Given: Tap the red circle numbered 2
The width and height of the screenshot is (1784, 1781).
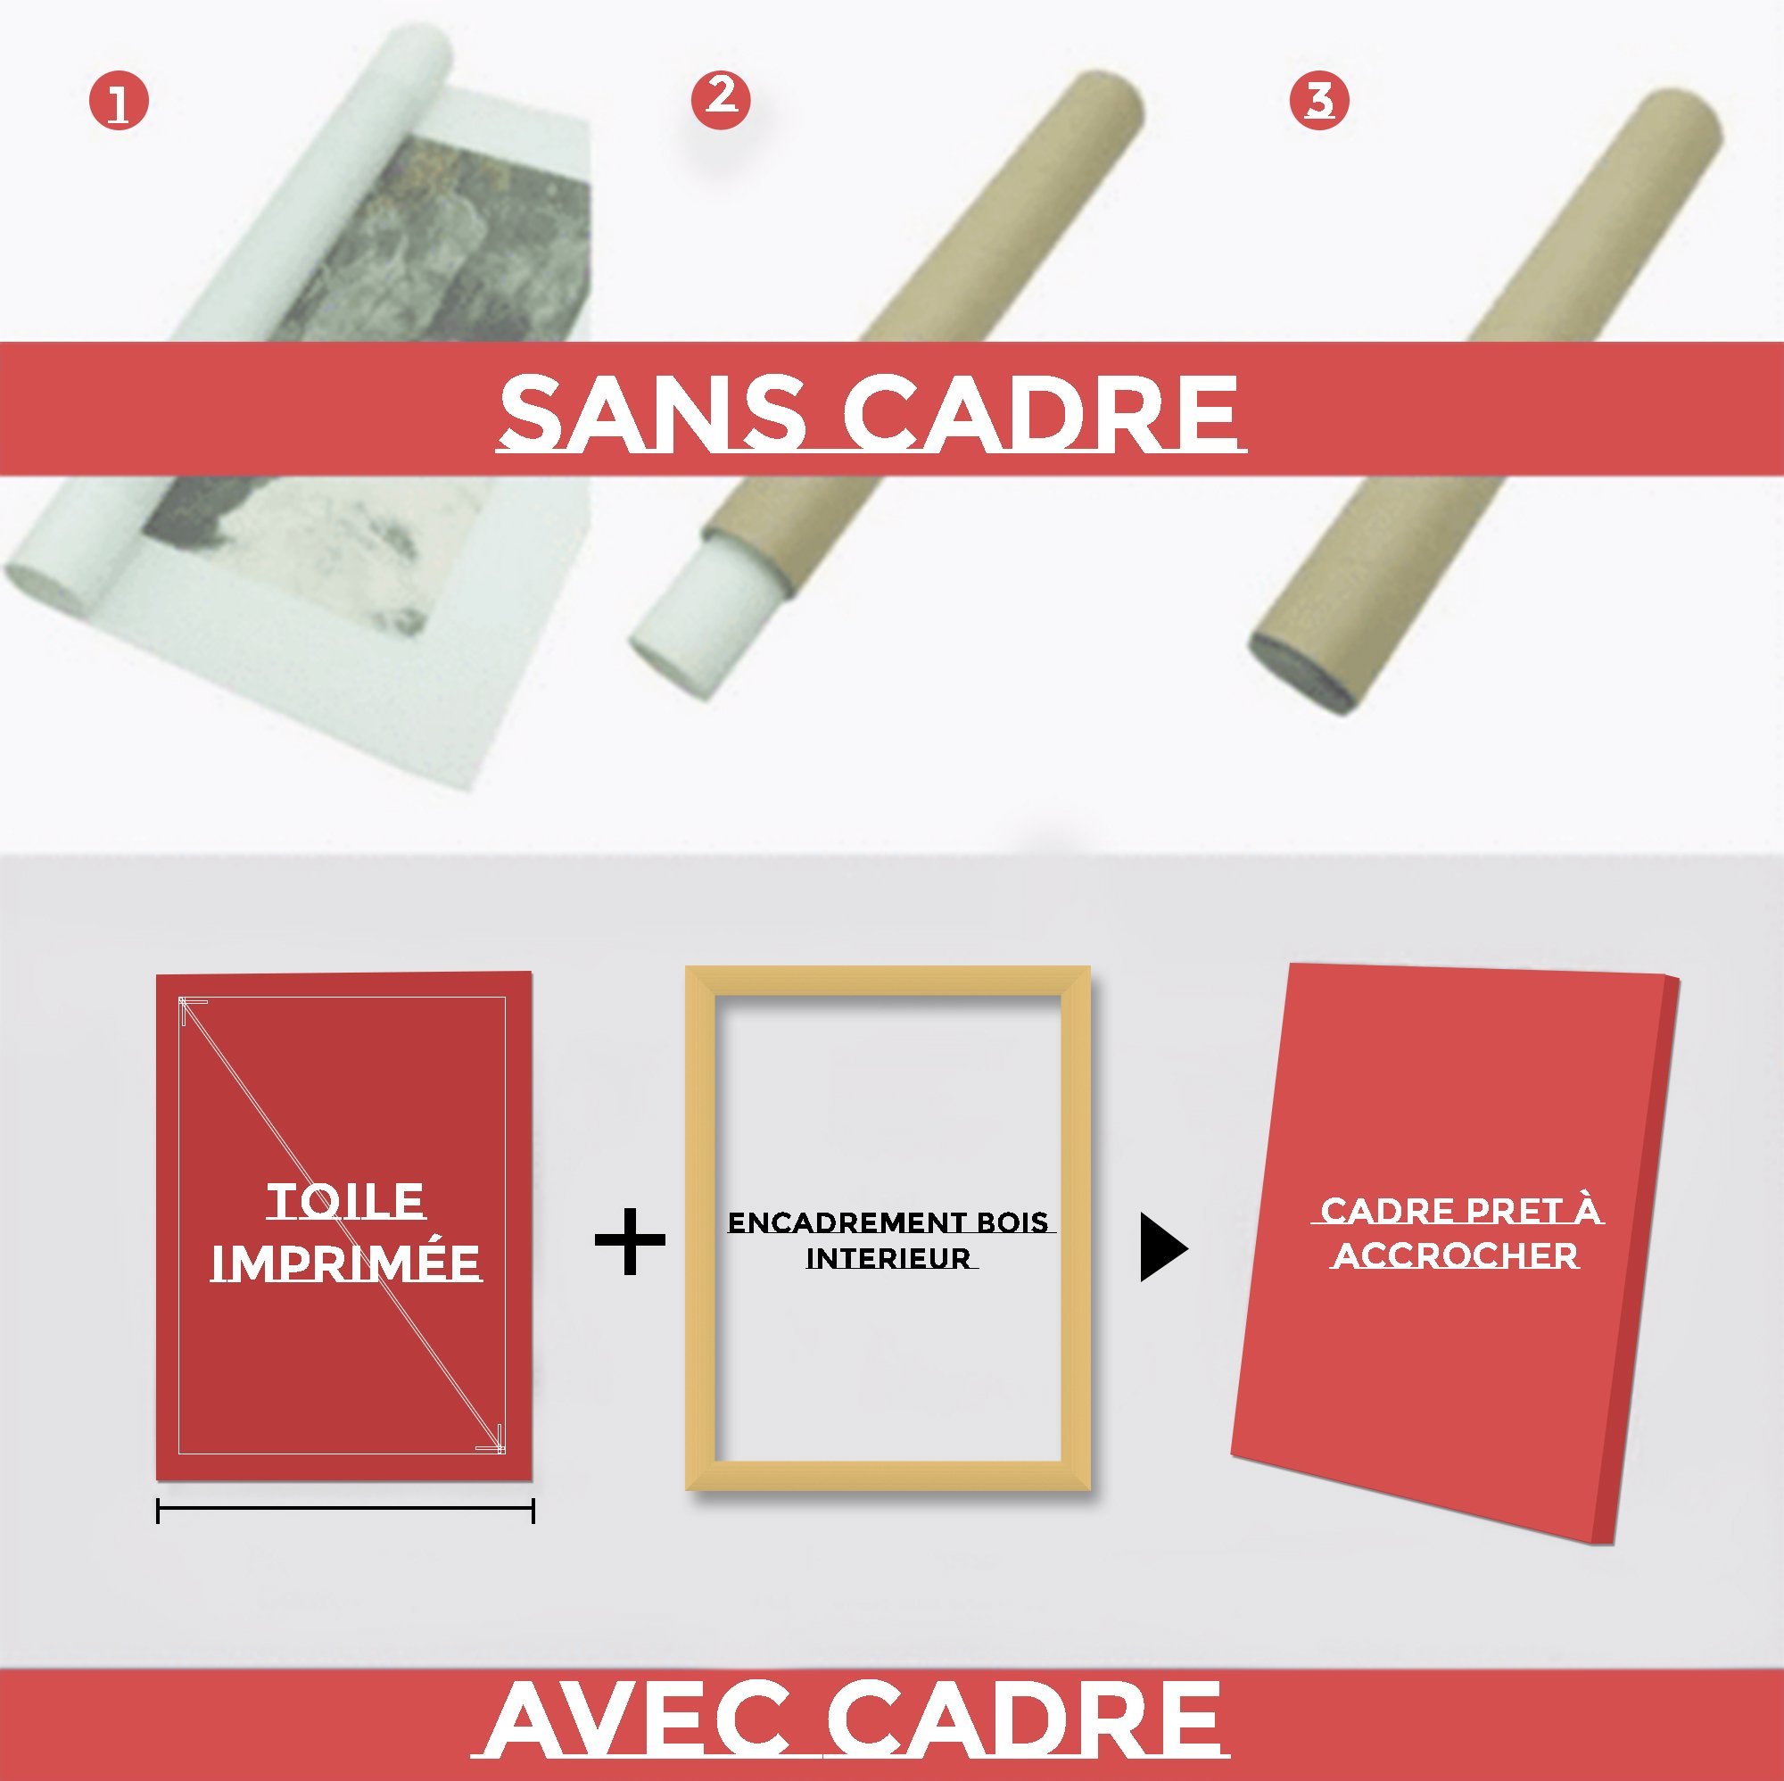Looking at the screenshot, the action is point(720,98).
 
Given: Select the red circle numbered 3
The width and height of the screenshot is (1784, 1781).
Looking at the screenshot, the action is point(1318,100).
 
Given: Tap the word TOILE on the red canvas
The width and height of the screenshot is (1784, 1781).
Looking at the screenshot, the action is point(345,1202).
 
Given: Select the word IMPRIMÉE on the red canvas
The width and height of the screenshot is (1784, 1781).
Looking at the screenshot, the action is point(346,1263).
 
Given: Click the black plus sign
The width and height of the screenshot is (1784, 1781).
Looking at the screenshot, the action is point(630,1240).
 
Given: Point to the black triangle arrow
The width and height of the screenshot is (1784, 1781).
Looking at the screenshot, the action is point(1161,1248).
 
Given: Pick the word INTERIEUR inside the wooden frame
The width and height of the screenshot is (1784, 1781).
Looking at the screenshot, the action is point(890,1258).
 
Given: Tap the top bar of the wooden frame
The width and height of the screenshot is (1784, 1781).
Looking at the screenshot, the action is point(888,982).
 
